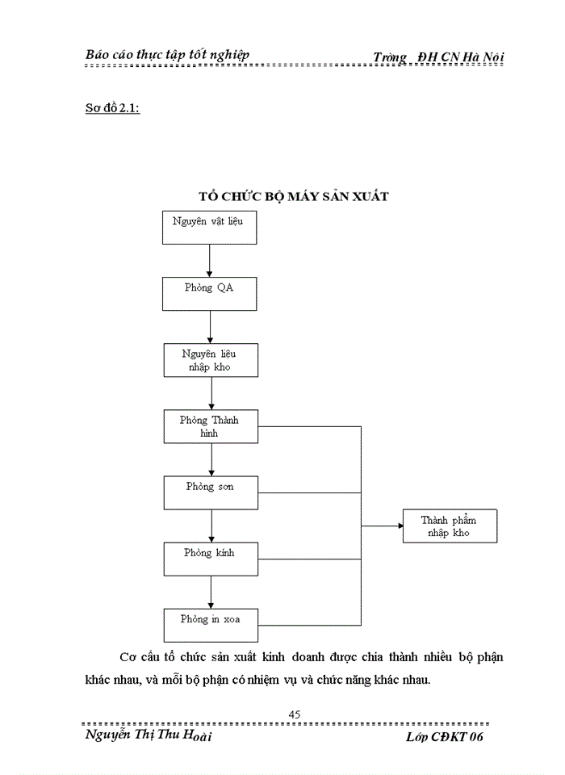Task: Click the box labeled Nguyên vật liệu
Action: click(x=210, y=227)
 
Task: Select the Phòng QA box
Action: click(x=210, y=294)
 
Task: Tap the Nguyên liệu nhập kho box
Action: click(x=210, y=360)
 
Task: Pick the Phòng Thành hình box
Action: click(x=211, y=426)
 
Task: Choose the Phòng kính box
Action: click(x=211, y=559)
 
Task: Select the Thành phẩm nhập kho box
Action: click(x=450, y=526)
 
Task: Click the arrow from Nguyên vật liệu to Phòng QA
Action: click(x=209, y=261)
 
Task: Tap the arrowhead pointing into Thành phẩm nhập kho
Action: click(x=398, y=526)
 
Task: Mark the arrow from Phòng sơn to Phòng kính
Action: click(x=211, y=526)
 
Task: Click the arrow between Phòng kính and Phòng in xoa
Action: click(x=211, y=592)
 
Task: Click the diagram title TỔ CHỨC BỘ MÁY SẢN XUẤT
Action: click(x=294, y=196)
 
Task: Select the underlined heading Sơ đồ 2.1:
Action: click(x=112, y=109)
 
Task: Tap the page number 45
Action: click(x=294, y=714)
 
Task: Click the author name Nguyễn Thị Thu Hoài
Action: click(x=149, y=736)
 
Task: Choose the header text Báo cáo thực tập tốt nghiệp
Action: click(x=167, y=54)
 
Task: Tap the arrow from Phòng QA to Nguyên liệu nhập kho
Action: click(x=210, y=327)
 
